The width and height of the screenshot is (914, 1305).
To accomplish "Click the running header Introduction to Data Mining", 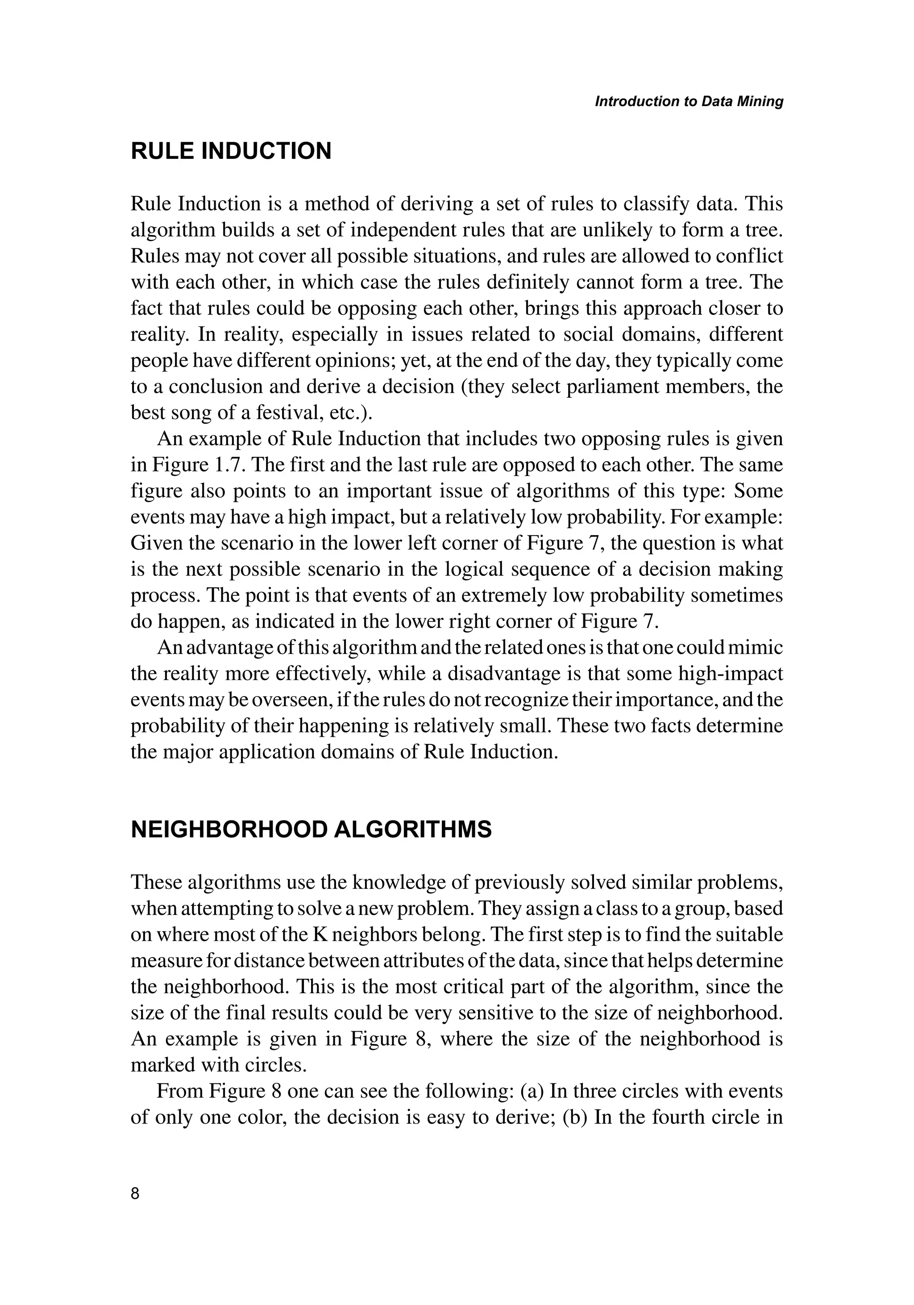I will tap(689, 102).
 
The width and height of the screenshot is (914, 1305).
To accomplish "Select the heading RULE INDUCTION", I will tap(231, 151).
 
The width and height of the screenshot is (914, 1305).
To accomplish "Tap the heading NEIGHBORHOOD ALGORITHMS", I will tap(311, 830).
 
